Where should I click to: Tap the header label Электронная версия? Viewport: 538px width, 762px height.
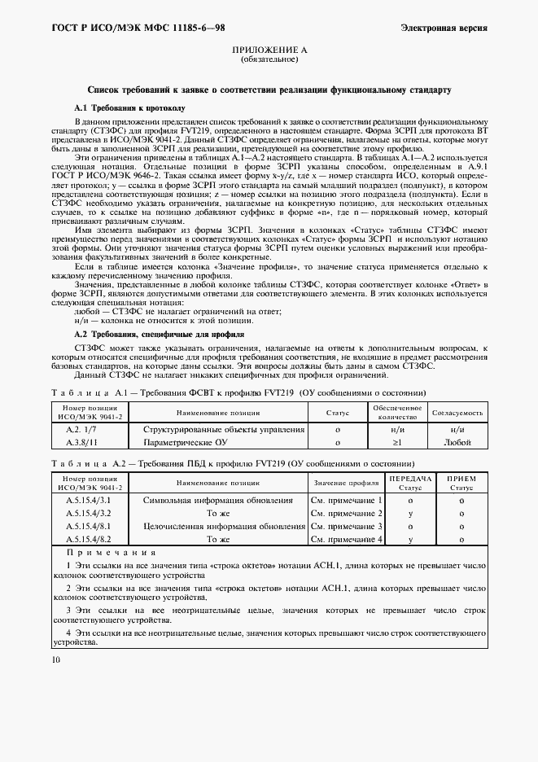coord(444,28)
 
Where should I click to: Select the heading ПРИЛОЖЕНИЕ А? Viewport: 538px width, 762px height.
coord(269,50)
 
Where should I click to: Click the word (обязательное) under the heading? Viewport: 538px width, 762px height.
coord(269,60)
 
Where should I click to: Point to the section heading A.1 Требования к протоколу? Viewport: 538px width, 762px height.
coord(130,107)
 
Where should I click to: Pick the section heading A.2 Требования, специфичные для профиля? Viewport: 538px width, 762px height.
coord(160,335)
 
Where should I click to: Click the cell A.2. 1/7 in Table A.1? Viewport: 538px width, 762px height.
coord(81,429)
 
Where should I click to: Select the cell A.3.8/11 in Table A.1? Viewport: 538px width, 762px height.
coord(81,442)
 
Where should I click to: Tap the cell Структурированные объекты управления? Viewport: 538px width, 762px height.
coord(224,429)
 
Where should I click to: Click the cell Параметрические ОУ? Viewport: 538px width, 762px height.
coord(185,442)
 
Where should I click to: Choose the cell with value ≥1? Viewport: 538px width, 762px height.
coord(397,442)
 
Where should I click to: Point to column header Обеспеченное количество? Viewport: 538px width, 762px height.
coord(397,412)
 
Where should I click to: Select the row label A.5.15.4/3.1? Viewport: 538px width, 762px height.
coord(88,499)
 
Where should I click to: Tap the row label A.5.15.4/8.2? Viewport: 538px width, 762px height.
coord(88,539)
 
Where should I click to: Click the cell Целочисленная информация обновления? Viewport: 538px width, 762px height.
coord(224,526)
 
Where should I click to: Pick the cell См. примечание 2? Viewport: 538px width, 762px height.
coord(347,512)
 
